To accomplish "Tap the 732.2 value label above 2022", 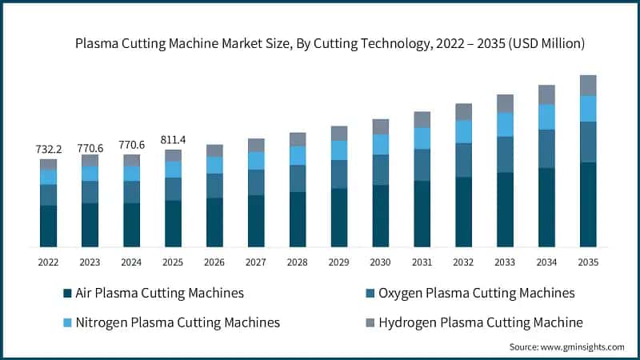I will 48,149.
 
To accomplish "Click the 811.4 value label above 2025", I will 173,139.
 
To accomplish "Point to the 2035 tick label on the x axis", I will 588,262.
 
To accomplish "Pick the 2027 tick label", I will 256,262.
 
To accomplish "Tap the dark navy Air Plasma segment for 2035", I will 588,204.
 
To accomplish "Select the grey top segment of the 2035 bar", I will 588,85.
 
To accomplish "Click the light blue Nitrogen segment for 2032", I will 463,131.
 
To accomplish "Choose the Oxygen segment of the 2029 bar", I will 339,174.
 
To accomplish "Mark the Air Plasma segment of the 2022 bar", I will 48,226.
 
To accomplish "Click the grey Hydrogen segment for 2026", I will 214,150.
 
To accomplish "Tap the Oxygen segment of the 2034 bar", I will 546,148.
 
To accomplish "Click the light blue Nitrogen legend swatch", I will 66,322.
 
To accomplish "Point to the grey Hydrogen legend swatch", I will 370,322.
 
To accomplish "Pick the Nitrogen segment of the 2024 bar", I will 131,174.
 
